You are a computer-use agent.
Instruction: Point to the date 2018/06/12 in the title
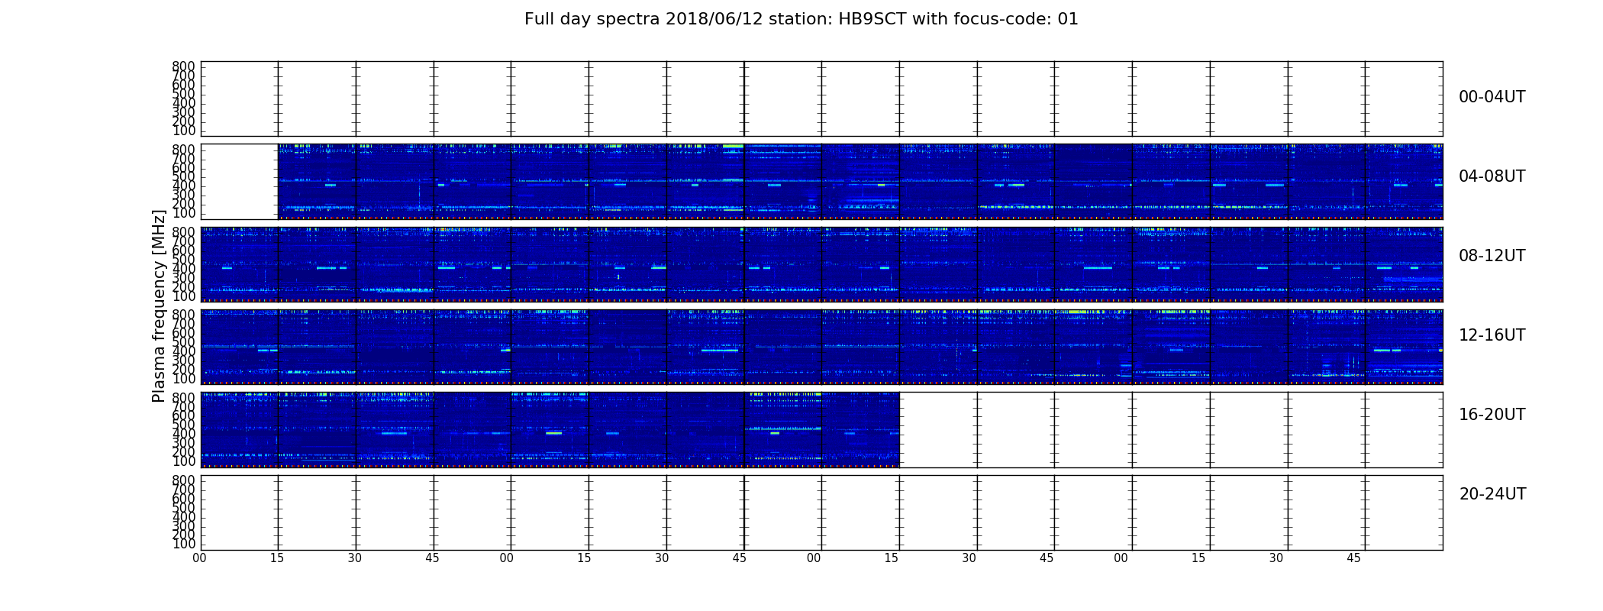708,19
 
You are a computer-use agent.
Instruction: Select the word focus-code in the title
998,19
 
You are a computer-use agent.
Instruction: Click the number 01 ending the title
1068,19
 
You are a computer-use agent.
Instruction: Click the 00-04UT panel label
1492,97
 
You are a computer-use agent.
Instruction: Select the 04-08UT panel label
1492,176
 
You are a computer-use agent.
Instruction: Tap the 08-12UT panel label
1492,256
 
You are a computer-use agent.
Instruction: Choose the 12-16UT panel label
1492,335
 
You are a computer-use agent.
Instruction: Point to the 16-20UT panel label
1492,415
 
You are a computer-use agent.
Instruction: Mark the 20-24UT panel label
1492,494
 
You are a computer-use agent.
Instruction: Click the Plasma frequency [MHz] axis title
159,305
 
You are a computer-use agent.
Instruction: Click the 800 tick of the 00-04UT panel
184,66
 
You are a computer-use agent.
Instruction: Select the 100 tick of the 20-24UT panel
184,544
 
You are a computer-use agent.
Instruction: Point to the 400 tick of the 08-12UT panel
184,269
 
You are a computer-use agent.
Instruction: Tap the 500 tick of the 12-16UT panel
184,342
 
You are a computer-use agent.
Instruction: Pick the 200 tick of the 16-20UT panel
184,452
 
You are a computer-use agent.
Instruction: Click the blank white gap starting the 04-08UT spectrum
240,182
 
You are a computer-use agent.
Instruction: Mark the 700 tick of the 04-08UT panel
184,158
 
